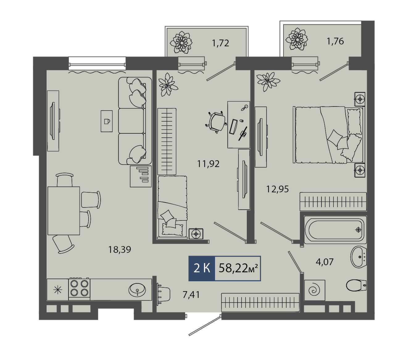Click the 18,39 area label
point(119,250)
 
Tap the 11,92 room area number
point(209,164)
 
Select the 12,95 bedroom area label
point(277,189)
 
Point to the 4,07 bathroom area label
point(325,262)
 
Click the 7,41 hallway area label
point(191,295)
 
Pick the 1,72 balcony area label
point(221,43)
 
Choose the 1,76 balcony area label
point(335,41)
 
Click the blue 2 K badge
point(201,268)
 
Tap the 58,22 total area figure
point(238,268)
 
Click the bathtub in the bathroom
point(335,230)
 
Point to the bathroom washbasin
point(358,257)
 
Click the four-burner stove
point(79,289)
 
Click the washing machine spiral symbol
point(314,290)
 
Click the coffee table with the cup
point(107,121)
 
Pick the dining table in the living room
point(64,211)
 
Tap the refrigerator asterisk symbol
point(58,290)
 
